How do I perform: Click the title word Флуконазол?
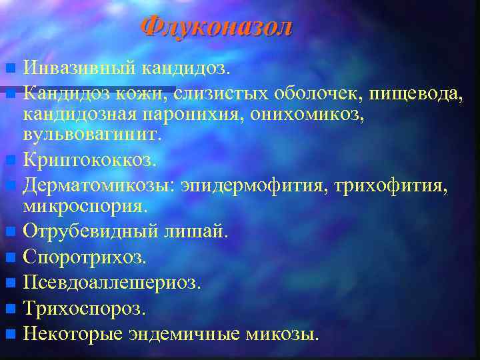tap(217, 27)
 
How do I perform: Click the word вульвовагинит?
tap(92, 135)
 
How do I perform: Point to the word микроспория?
tap(85, 205)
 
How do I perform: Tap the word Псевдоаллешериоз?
tap(111, 283)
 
